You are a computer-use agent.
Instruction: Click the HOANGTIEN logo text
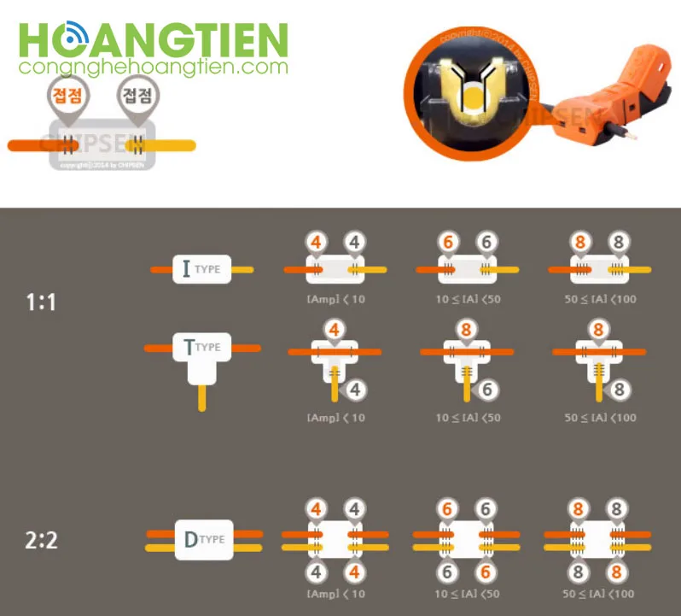coord(154,39)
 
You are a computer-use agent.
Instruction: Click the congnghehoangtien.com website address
coord(154,67)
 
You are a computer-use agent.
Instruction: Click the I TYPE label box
coord(201,269)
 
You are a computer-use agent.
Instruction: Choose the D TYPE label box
coord(204,539)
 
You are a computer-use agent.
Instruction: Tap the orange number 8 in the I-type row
coord(581,242)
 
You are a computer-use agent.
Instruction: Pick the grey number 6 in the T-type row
coord(487,390)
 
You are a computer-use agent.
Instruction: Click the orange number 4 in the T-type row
coord(335,329)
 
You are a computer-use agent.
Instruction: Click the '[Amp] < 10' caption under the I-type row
coord(335,299)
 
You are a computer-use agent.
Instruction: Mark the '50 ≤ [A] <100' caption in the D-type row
coord(600,593)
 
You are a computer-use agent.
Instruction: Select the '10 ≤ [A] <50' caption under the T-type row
coord(468,418)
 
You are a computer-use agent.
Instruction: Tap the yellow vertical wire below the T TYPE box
coord(202,396)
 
